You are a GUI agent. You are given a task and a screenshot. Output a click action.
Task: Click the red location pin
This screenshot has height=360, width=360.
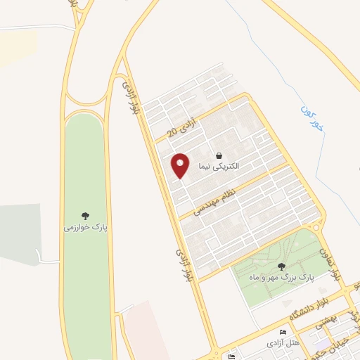point(180,165)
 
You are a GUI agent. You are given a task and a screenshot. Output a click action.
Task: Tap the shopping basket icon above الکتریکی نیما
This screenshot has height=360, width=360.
point(219,155)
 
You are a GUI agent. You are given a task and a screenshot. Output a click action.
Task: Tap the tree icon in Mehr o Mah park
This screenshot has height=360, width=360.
point(282,266)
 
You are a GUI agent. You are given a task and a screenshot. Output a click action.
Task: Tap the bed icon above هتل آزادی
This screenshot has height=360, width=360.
point(283,333)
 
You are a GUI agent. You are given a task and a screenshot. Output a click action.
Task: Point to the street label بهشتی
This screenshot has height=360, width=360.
point(328,321)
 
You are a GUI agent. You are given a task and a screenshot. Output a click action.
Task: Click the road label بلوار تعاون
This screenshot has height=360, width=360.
point(331,262)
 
